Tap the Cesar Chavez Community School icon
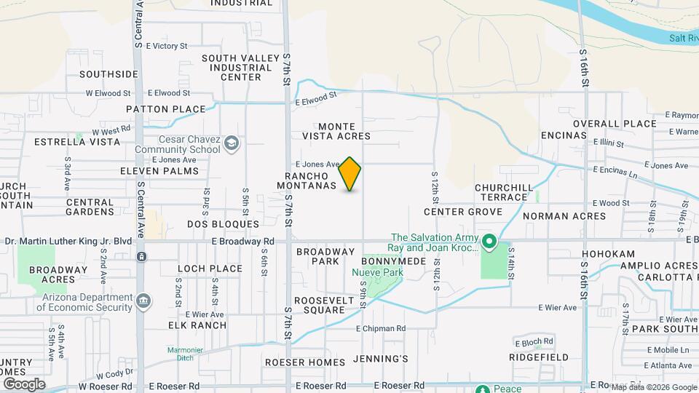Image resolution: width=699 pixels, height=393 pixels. [x=232, y=143]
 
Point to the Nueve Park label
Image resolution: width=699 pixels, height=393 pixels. [x=377, y=273]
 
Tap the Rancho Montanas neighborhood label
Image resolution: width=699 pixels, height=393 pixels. [x=310, y=181]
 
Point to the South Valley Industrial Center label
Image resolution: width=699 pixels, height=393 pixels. [x=231, y=68]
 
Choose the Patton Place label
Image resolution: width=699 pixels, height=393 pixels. [x=165, y=109]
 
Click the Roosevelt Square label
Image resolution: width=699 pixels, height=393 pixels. [x=319, y=305]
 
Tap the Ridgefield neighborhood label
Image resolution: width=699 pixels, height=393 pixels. [x=539, y=358]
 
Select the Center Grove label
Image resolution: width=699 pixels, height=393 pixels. [x=463, y=212]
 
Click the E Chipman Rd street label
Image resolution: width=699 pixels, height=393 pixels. [x=380, y=329]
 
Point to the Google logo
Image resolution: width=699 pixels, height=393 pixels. [x=24, y=384]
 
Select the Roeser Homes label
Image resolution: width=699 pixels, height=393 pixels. [x=304, y=362]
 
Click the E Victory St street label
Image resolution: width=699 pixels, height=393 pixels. [x=167, y=46]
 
